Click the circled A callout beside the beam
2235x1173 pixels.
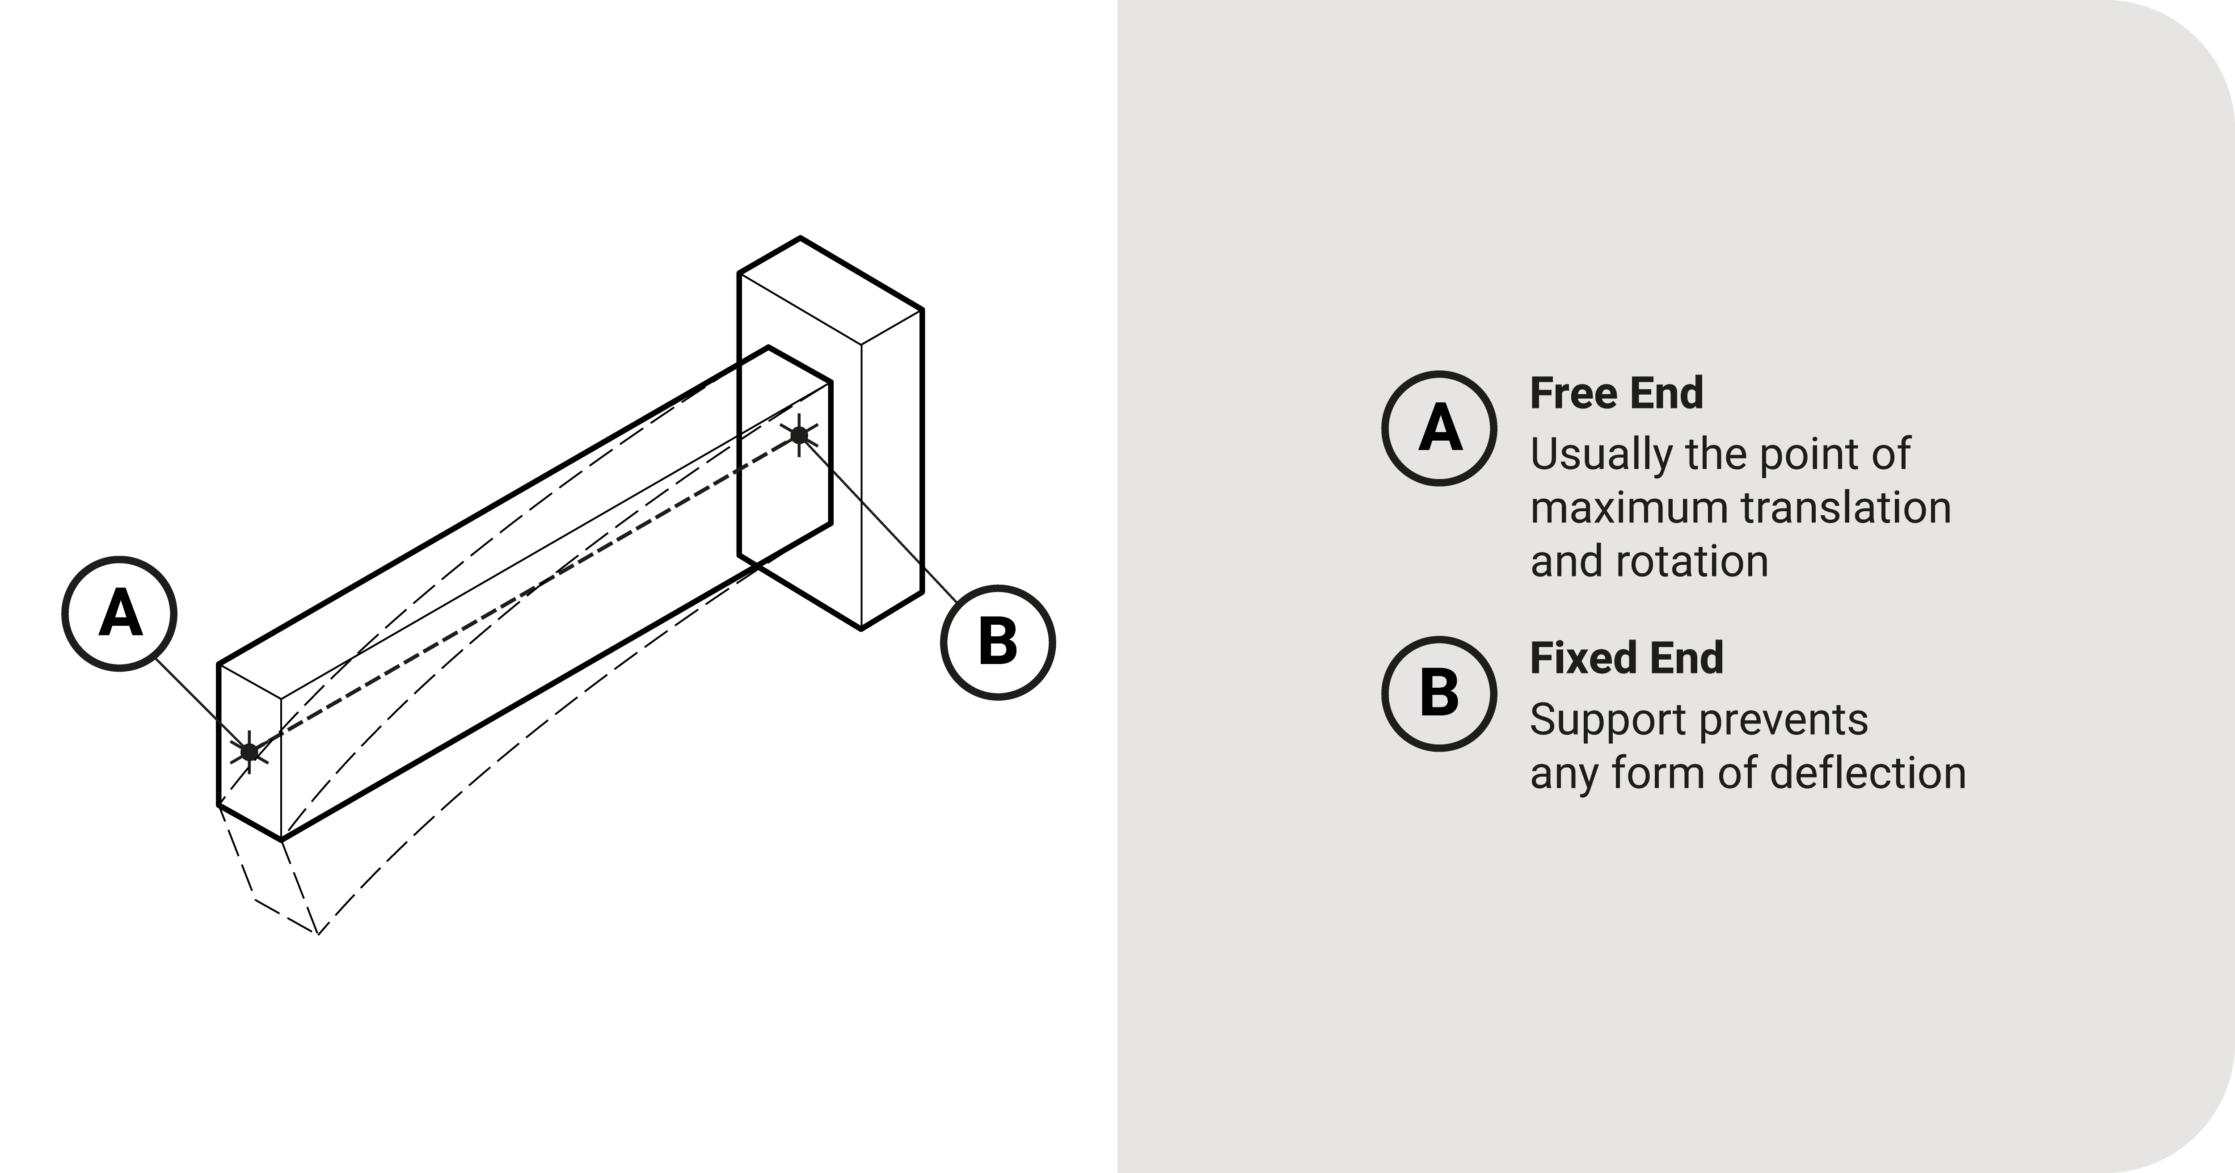click(x=120, y=614)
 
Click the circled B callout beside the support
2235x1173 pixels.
click(x=998, y=642)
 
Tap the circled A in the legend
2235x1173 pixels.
click(x=1438, y=428)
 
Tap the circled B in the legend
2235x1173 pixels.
click(x=1438, y=693)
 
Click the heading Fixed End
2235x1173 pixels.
click(x=1626, y=658)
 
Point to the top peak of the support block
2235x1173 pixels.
click(x=800, y=238)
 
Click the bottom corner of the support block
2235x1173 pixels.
click(x=860, y=628)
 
